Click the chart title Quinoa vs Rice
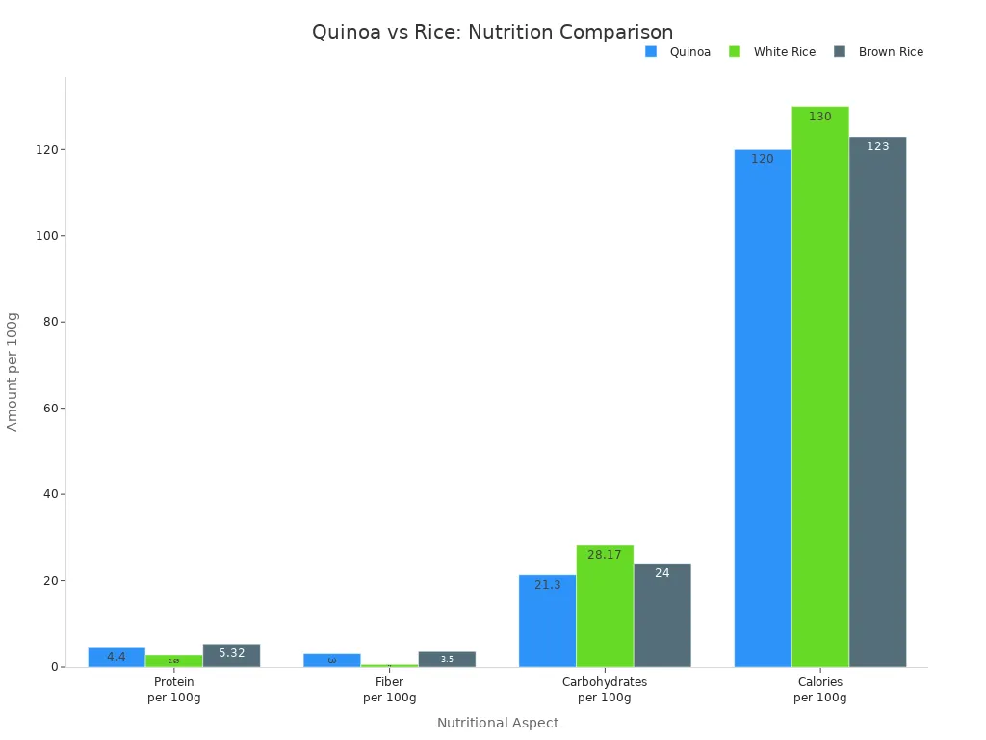coord(492,32)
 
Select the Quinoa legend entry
coord(679,52)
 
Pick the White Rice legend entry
coord(772,52)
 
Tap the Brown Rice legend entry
coord(878,52)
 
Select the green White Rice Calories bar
coord(820,385)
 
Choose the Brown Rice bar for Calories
coord(877,401)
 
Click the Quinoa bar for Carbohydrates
coord(547,621)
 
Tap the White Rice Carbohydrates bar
coord(605,606)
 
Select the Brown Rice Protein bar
coord(231,655)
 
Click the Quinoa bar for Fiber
coord(332,660)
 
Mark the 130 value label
coord(820,117)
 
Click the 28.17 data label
coord(605,555)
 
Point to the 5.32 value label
coord(231,653)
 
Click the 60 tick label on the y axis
coord(51,409)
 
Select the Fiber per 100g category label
coord(389,690)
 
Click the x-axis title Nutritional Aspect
coord(497,723)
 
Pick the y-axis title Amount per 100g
coord(13,371)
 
